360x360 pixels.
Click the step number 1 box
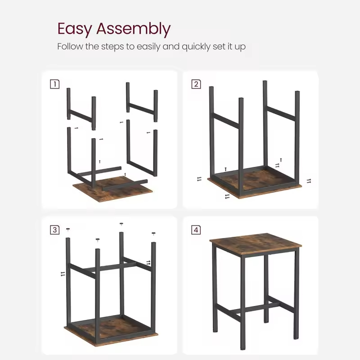click(x=54, y=84)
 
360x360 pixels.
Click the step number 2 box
click(x=196, y=84)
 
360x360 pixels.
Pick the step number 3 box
click(x=54, y=230)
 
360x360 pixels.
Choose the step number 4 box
click(x=196, y=230)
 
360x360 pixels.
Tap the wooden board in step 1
click(x=112, y=189)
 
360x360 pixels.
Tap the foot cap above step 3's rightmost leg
click(x=153, y=234)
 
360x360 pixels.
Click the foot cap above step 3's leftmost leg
click(x=68, y=229)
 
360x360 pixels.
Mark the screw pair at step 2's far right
click(x=309, y=180)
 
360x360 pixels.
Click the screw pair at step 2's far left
click(x=199, y=179)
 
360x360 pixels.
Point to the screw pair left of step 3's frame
click(x=63, y=273)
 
